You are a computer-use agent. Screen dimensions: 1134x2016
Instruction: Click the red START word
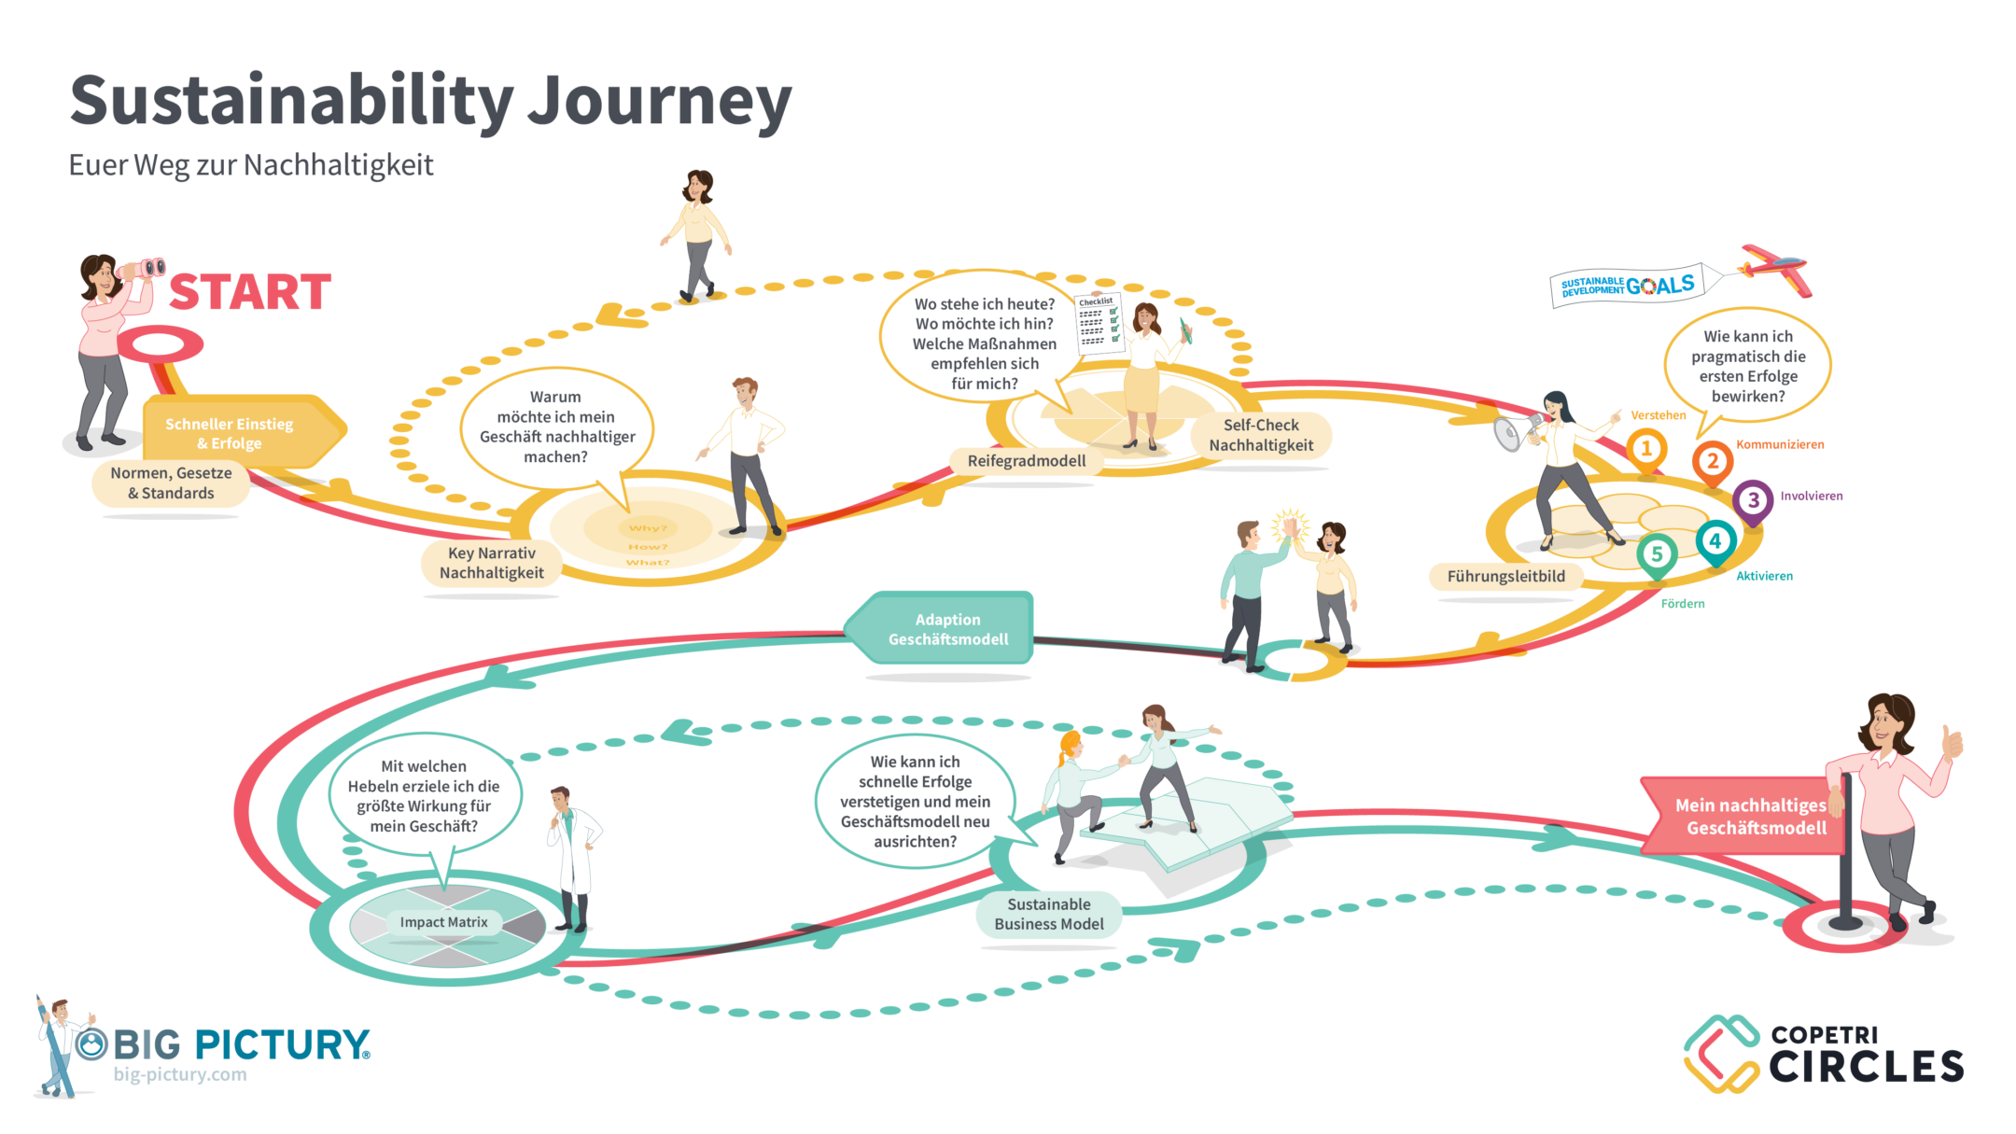point(250,292)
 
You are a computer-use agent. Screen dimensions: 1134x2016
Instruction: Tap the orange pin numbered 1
point(1646,449)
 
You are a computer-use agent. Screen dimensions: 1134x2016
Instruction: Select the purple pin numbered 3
point(1753,500)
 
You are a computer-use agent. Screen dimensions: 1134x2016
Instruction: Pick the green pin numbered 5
point(1657,554)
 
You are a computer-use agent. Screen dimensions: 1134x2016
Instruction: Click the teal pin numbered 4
point(1715,541)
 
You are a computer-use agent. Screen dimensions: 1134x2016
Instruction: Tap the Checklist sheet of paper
point(1098,323)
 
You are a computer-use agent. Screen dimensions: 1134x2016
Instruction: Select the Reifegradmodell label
point(1027,461)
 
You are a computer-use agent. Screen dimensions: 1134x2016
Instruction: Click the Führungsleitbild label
point(1505,577)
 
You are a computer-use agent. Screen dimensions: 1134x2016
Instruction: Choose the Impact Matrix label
point(443,922)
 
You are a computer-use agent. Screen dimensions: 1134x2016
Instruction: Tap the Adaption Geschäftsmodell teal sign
point(946,629)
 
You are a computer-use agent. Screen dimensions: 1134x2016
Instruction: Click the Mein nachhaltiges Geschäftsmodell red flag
point(1745,816)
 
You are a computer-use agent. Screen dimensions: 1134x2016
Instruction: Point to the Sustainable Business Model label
point(1048,915)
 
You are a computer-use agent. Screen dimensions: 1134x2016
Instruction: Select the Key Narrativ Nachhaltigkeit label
point(492,564)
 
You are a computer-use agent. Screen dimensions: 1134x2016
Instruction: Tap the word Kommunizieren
point(1779,444)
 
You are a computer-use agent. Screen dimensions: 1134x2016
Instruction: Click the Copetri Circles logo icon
point(1721,1054)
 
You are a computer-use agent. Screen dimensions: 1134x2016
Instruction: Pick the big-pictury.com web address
point(180,1074)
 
